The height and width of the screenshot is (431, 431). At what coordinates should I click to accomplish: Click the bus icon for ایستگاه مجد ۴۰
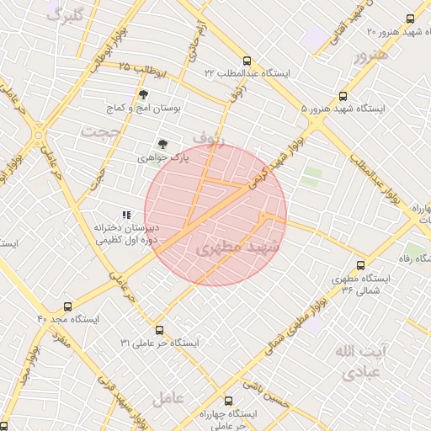(x=67, y=306)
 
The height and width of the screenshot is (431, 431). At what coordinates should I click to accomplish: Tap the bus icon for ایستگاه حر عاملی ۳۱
(x=159, y=330)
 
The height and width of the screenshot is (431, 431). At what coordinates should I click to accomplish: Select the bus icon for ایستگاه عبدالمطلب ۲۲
(x=247, y=61)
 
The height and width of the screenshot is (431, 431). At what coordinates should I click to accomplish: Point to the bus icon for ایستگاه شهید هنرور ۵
(x=343, y=97)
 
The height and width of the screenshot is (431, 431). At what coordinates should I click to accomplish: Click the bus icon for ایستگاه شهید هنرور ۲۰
(x=410, y=19)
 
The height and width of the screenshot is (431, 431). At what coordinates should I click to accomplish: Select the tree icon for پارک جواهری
(x=163, y=145)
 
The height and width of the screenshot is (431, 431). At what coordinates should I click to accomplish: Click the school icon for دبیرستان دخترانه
(x=126, y=215)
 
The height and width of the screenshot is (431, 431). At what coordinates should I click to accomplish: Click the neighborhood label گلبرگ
(x=66, y=15)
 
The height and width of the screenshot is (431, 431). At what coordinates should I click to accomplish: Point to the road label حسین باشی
(x=267, y=386)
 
